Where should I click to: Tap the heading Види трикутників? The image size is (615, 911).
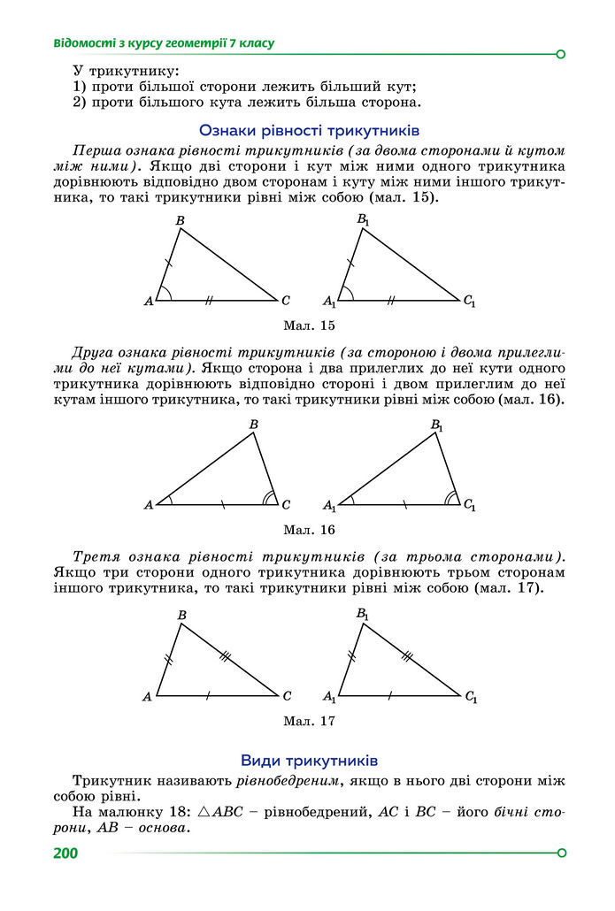pos(309,761)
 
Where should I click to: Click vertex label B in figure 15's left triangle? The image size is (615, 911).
pos(180,220)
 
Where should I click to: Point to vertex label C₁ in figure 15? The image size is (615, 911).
pos(469,302)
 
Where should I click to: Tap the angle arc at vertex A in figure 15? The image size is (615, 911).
pos(166,294)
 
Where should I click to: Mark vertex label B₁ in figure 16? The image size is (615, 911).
pos(437,425)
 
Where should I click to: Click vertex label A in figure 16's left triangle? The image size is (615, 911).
pos(148,505)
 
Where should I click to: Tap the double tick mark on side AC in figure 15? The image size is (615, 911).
pos(210,301)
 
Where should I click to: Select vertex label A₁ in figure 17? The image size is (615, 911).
pos(329,697)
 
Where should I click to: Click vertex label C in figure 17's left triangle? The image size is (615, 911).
pos(287,696)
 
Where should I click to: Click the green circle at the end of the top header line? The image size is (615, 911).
pos(560,54)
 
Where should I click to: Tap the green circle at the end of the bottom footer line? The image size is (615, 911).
pos(560,853)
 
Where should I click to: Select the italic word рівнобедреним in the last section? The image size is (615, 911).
pos(288,783)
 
